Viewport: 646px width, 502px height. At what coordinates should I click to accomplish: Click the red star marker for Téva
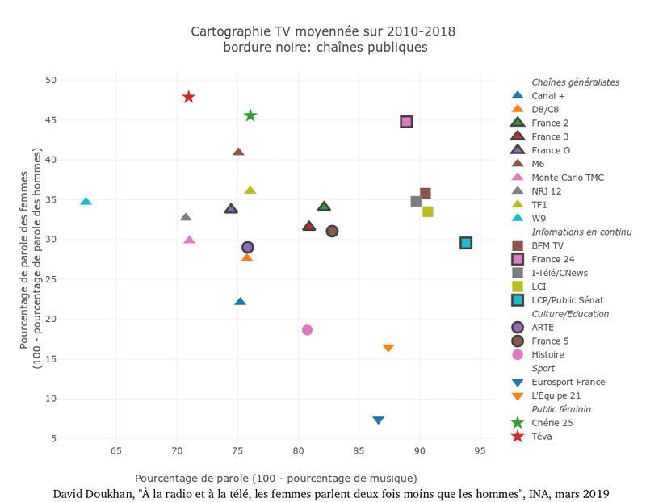189,97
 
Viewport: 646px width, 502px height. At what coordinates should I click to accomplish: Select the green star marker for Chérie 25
250,115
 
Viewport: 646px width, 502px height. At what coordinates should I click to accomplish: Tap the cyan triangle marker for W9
86,201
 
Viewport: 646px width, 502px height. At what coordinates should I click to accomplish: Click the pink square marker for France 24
406,122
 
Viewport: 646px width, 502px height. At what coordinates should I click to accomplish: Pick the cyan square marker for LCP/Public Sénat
466,243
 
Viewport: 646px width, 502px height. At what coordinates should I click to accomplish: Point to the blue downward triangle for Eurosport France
378,420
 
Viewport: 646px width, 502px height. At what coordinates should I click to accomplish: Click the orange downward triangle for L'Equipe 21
388,349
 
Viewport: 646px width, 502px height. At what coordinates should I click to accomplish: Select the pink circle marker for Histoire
307,330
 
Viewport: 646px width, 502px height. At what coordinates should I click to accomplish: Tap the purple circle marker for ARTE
248,247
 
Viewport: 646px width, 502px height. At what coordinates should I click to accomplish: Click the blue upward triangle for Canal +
240,302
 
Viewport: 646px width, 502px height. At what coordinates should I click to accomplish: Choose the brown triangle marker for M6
238,152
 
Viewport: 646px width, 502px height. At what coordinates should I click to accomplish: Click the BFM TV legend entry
547,245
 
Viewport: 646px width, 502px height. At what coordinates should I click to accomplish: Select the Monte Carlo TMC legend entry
567,178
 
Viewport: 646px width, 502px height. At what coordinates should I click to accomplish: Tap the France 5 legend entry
550,341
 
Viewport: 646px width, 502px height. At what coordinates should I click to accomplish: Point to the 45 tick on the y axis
51,120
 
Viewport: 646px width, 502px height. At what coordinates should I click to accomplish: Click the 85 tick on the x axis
359,451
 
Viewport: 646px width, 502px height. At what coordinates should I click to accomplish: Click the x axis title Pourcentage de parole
276,478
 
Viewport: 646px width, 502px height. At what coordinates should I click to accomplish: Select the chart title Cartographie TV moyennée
323,31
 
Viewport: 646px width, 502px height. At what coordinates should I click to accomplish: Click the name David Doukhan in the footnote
90,493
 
